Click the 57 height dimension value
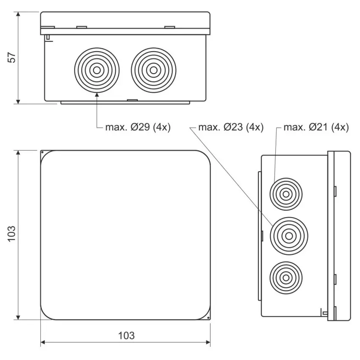coord(12,58)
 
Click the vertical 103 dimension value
coord(12,234)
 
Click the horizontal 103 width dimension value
coord(126,336)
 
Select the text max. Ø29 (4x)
coord(138,127)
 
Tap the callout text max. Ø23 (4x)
coord(231,127)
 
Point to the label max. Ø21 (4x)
coord(316,127)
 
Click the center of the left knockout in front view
coord(97,70)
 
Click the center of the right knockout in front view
coord(154,70)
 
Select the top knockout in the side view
coord(286,194)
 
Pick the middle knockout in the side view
coord(289,236)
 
